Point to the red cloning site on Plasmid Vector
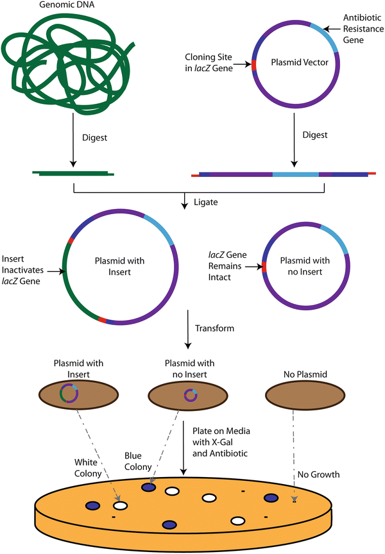[x=254, y=65]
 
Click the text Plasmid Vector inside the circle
[x=292, y=65]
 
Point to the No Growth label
[x=318, y=474]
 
